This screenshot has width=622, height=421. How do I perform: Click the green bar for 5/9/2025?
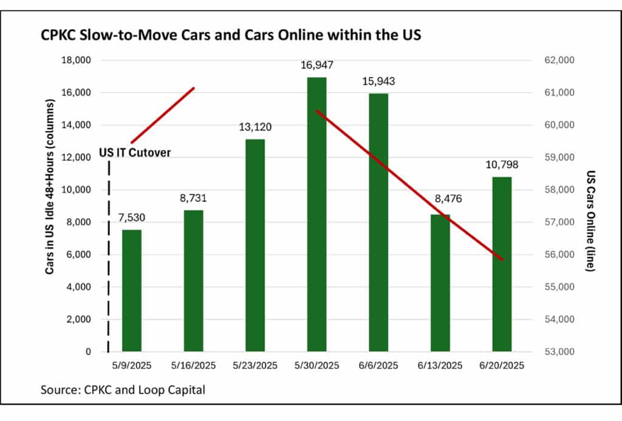click(x=131, y=291)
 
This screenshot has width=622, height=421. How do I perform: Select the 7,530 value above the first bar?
click(x=132, y=217)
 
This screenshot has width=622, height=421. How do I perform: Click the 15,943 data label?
click(x=378, y=81)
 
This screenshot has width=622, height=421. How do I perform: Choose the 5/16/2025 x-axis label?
click(x=193, y=366)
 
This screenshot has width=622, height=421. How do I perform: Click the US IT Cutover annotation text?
click(x=134, y=153)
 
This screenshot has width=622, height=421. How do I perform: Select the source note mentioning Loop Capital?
click(x=123, y=389)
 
